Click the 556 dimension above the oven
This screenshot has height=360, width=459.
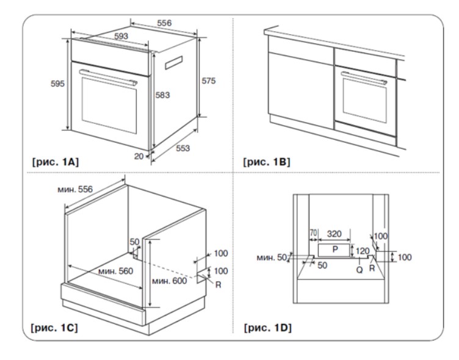[x=163, y=23]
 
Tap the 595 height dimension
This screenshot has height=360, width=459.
[x=57, y=84]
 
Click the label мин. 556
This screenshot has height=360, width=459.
[x=76, y=190]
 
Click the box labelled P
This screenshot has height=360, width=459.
[x=334, y=250]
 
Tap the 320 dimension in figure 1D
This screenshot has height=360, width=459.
[x=334, y=232]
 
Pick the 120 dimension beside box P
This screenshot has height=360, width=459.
[x=363, y=250]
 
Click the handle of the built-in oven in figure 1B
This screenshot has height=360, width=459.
[x=365, y=77]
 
